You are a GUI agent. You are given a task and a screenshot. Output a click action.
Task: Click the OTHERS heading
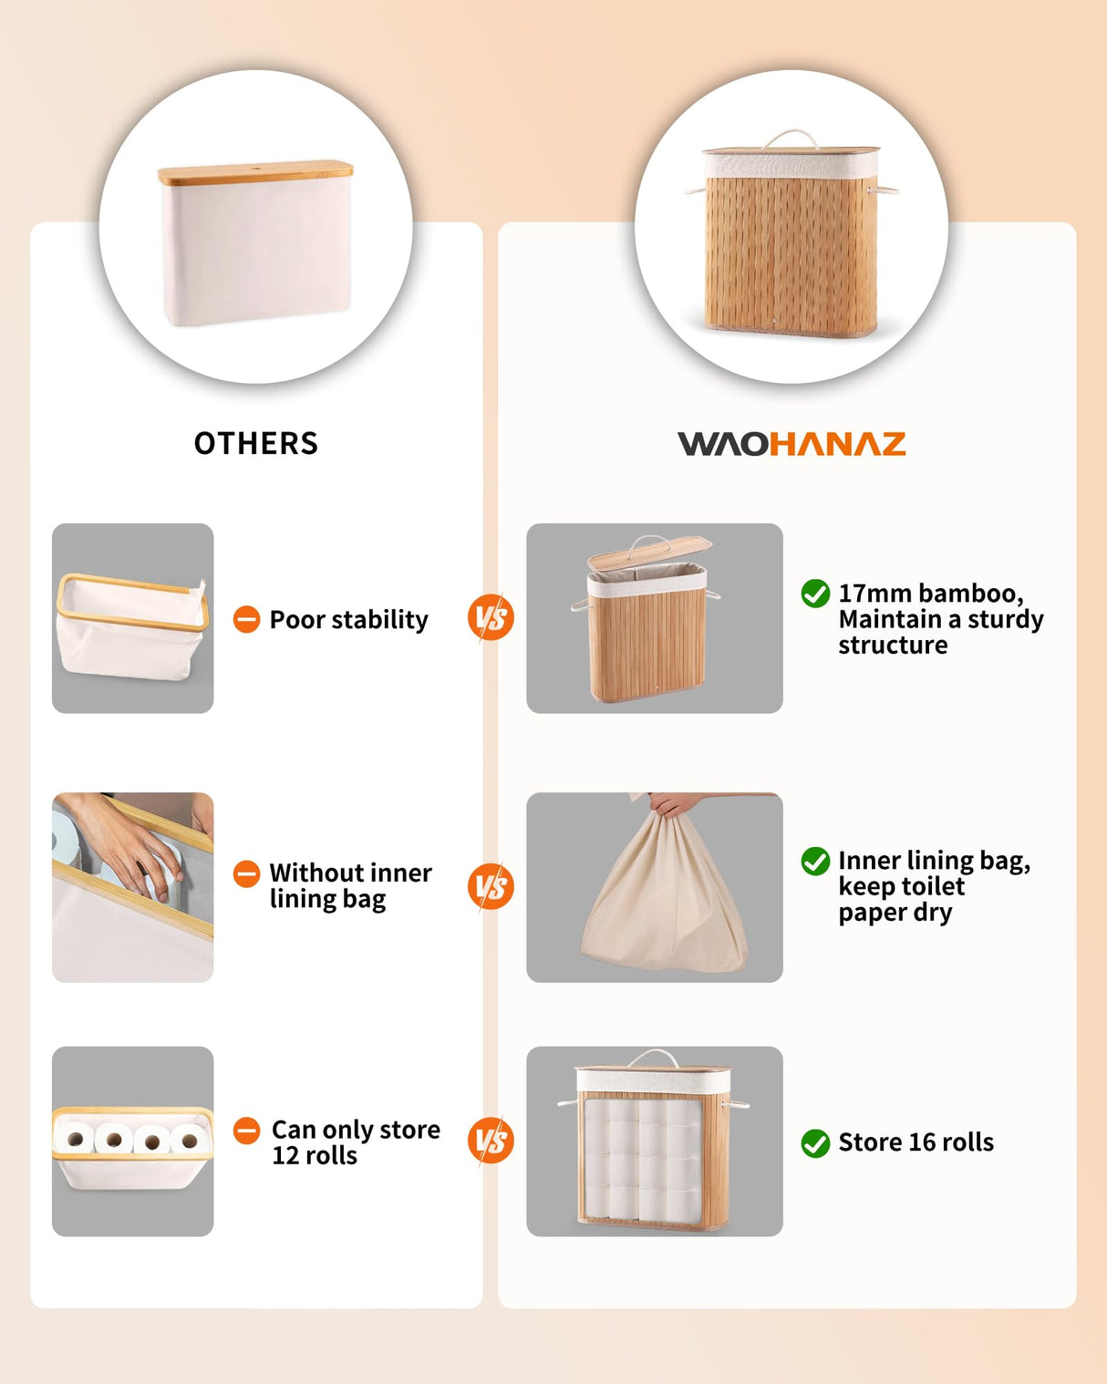tap(255, 443)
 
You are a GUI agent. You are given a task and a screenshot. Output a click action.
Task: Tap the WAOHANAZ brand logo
tap(791, 444)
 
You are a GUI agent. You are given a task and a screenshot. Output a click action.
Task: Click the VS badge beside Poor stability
tap(491, 618)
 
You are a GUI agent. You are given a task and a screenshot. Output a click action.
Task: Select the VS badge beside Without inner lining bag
tap(491, 887)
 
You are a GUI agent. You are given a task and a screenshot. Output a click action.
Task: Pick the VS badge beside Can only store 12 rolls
tap(491, 1141)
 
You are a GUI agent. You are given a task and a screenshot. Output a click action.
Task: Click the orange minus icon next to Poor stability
tap(246, 620)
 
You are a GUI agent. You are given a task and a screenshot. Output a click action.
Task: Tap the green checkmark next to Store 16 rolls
tap(814, 1142)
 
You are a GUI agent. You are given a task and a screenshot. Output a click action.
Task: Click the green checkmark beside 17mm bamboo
tap(814, 594)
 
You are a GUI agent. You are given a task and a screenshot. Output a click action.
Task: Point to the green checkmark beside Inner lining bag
tap(814, 861)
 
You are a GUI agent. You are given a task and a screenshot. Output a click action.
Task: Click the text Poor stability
tap(348, 620)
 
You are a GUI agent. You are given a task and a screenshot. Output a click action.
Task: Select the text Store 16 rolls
tap(916, 1142)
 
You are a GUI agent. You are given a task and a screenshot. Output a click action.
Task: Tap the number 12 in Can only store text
tap(285, 1156)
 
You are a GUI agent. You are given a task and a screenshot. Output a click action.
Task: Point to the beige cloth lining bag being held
tap(664, 903)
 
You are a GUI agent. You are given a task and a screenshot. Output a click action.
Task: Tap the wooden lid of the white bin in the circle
tap(255, 172)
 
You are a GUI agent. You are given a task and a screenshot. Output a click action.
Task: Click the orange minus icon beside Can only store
tap(246, 1131)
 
